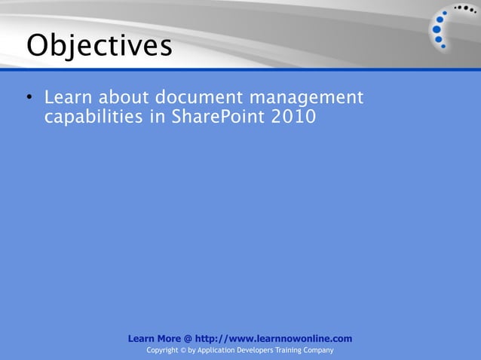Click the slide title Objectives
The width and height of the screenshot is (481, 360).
tap(99, 46)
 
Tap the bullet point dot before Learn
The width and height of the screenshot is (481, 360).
tap(28, 99)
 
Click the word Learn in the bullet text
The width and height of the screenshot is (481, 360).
tap(66, 98)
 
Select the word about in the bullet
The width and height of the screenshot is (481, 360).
tap(121, 98)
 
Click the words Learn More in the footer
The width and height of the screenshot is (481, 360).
tap(155, 339)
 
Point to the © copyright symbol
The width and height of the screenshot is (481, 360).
tap(180, 351)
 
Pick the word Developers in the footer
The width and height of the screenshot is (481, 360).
tap(257, 351)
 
